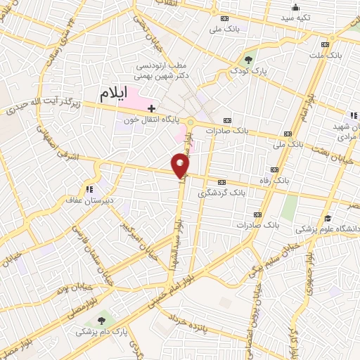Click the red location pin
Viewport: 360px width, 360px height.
[x=181, y=165]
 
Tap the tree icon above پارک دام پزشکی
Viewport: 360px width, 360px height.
[x=106, y=318]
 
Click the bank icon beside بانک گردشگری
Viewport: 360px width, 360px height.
[x=223, y=180]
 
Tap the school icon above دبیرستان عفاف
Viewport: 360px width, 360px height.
[x=89, y=188]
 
